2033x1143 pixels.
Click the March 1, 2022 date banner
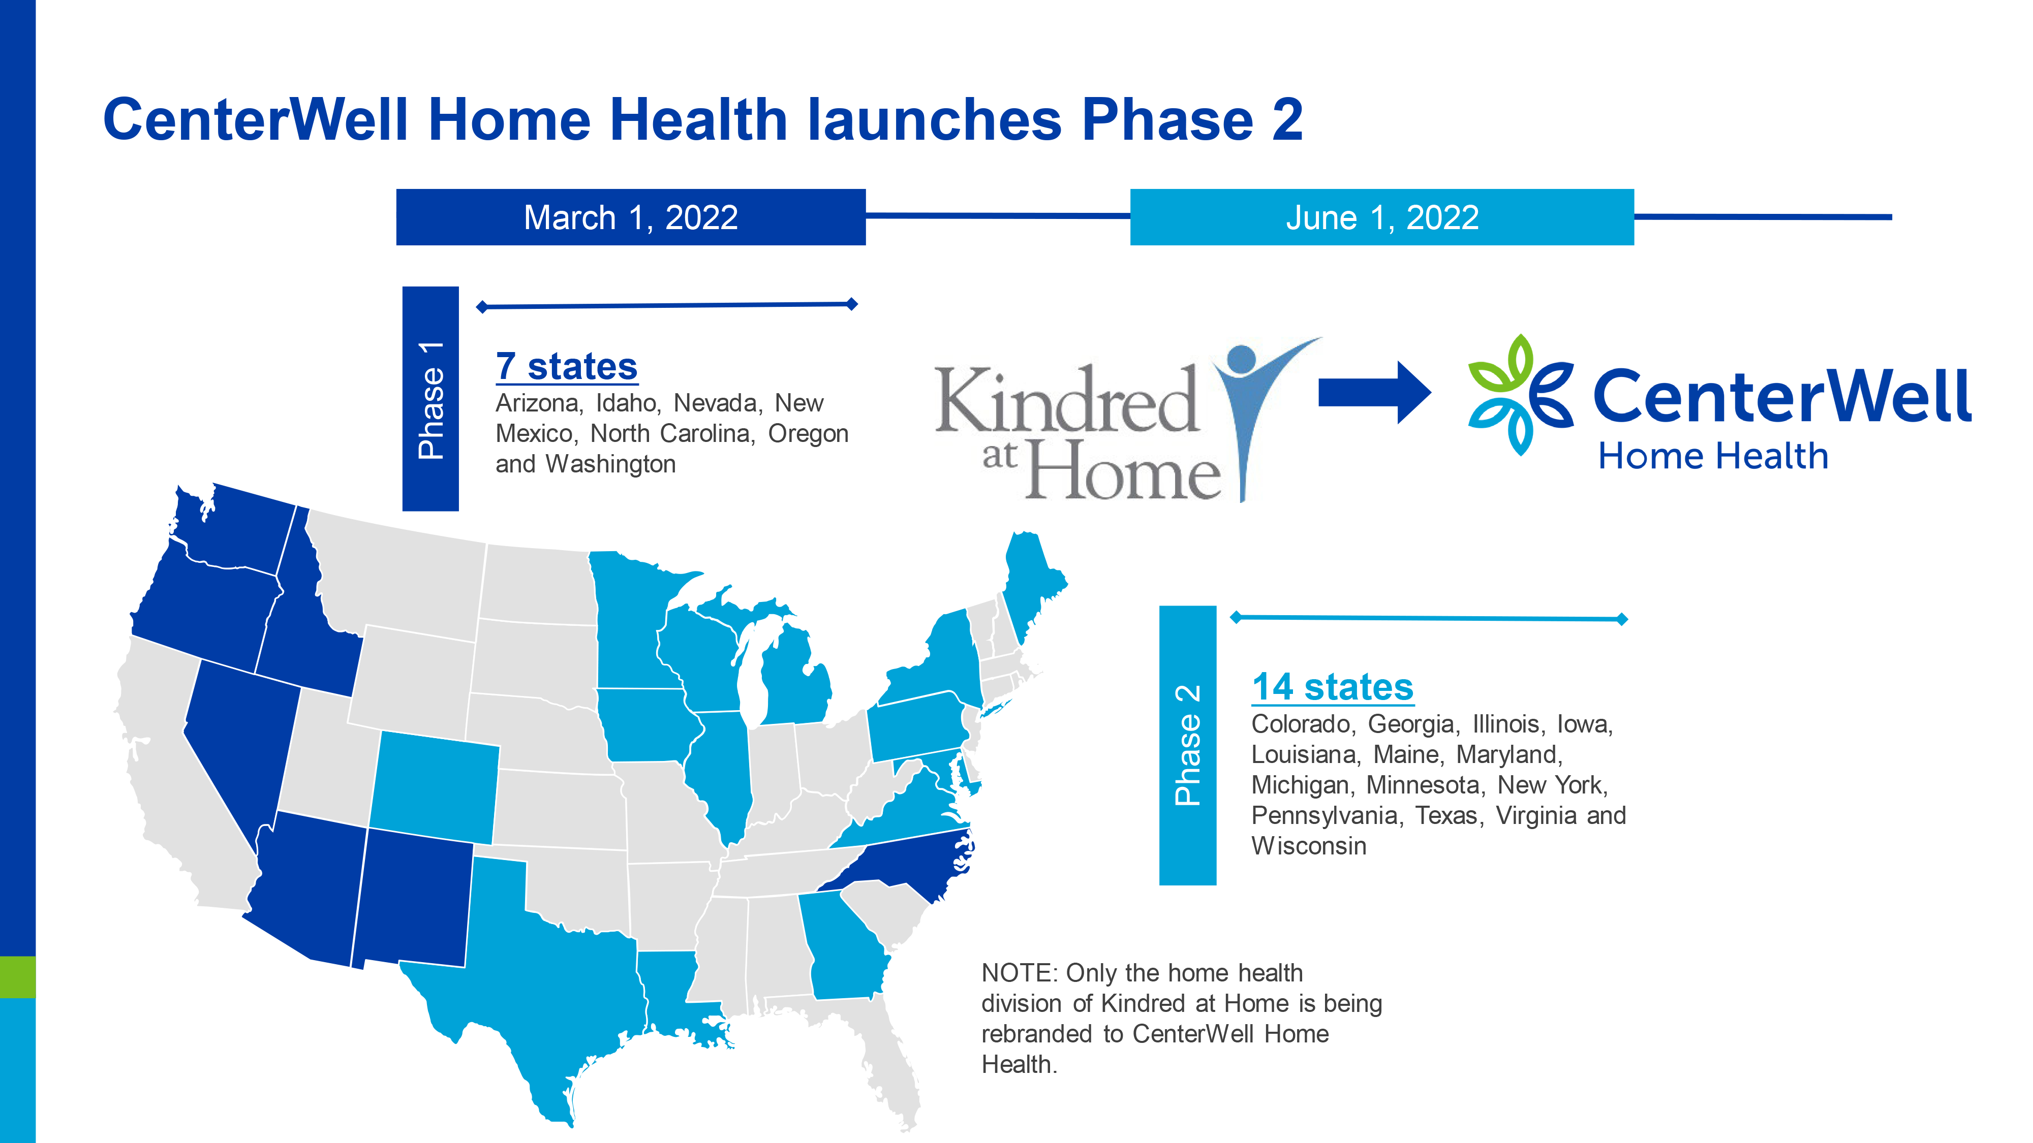[631, 217]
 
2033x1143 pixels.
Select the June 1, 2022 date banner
[1382, 217]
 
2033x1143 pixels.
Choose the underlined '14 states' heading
[1333, 687]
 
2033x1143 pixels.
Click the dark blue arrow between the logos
[1374, 392]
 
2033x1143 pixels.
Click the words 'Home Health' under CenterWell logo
[1713, 456]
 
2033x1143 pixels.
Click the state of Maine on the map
[1032, 584]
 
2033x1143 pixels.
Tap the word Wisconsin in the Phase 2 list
[1309, 846]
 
